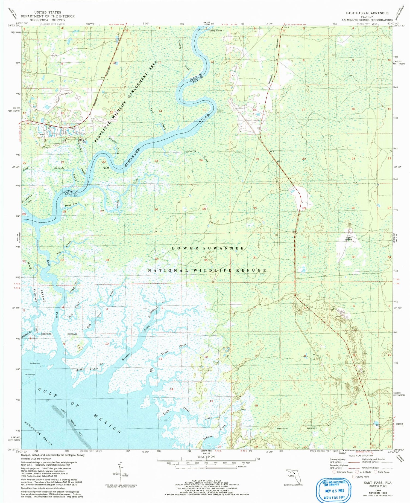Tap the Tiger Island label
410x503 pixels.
click(x=348, y=239)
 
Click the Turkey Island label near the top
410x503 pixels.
click(x=215, y=31)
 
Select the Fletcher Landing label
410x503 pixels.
click(x=220, y=111)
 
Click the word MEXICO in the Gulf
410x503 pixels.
click(x=107, y=424)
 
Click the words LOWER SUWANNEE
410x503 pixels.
click(x=208, y=248)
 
